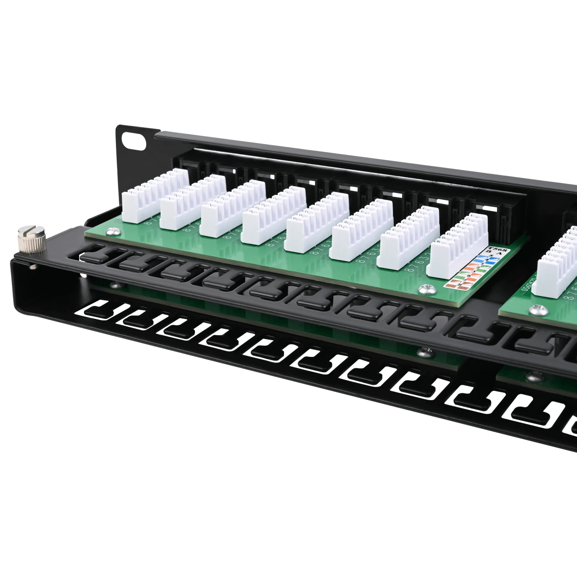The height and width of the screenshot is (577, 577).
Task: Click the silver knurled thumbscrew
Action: pos(31,240)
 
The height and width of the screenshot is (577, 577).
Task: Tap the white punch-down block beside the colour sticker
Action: pos(458,250)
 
